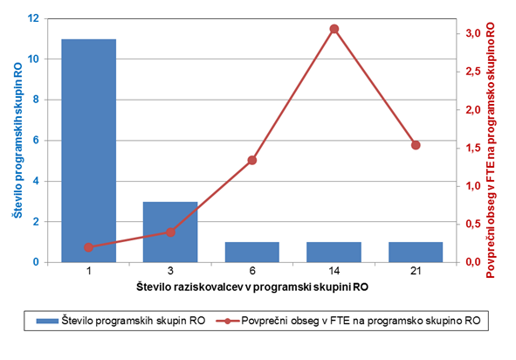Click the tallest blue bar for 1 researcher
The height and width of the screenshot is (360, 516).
tap(89, 150)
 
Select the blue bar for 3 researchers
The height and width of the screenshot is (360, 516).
tap(170, 232)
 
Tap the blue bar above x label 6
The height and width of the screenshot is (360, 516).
tap(252, 253)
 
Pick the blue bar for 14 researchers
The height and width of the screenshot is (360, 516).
tap(334, 253)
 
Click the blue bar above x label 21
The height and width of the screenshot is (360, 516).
tap(416, 253)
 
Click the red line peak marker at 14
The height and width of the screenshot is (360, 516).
tap(334, 29)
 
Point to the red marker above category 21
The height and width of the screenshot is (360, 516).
tap(416, 145)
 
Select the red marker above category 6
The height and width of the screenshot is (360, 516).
tap(252, 161)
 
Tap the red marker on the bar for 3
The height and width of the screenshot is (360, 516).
tap(170, 232)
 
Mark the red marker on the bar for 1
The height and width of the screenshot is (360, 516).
tap(88, 247)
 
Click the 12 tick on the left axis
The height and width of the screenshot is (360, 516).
tap(33, 18)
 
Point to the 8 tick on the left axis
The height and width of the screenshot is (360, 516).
tap(36, 100)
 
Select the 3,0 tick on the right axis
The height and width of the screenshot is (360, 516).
tap(473, 33)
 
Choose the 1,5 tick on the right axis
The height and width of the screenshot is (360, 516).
tap(473, 148)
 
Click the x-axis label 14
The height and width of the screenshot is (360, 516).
tap(334, 271)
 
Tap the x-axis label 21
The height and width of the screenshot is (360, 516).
tap(416, 271)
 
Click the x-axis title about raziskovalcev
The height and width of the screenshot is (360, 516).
tap(252, 287)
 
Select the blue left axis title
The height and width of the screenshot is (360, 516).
tap(17, 141)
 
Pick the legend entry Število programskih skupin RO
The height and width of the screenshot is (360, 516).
tap(120, 321)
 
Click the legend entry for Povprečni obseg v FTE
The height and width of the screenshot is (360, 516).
tap(348, 321)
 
